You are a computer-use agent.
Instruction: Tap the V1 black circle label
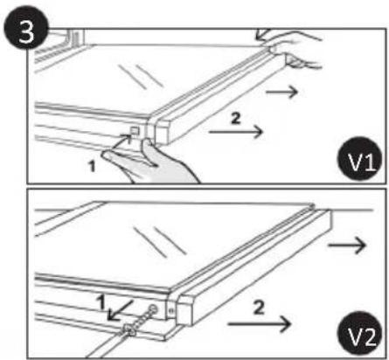[360, 159]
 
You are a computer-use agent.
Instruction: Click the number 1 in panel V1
[92, 167]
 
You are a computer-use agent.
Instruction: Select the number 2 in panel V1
[235, 119]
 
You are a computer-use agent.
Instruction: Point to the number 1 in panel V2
[101, 302]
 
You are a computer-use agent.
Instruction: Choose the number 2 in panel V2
[259, 308]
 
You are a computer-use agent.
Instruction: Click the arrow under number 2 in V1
[236, 132]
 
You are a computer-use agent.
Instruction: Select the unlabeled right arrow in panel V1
[281, 92]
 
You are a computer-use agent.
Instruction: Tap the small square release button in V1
[135, 132]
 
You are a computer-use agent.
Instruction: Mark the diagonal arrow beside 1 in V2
[119, 311]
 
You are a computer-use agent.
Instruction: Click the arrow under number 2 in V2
[260, 324]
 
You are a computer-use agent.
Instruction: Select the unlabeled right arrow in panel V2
[347, 245]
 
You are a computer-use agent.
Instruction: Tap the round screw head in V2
[153, 309]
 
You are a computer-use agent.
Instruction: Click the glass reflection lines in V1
[141, 76]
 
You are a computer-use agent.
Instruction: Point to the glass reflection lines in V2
[160, 241]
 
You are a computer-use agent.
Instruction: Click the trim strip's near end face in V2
[185, 310]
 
